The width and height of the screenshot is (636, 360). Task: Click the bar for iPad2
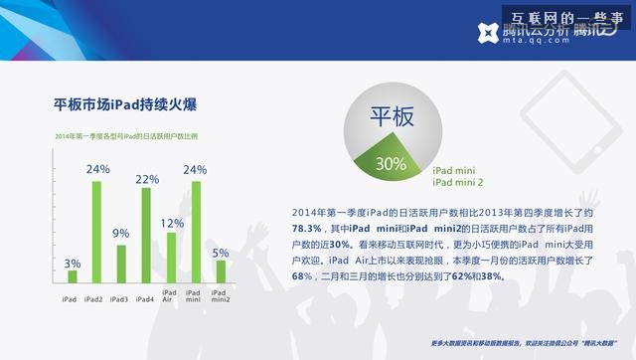(x=97, y=231)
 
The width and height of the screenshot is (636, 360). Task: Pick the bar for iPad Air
(x=171, y=257)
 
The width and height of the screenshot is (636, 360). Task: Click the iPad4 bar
(x=146, y=235)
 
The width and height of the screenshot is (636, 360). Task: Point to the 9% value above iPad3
(x=121, y=234)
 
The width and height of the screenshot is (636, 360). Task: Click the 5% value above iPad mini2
(x=221, y=253)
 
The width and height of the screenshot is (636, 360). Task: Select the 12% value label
(x=171, y=223)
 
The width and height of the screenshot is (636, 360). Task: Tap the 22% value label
(x=146, y=179)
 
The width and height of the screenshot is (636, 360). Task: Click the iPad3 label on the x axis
(x=119, y=299)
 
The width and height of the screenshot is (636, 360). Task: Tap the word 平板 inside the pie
(x=391, y=119)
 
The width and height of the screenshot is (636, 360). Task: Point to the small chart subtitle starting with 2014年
(x=126, y=135)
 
